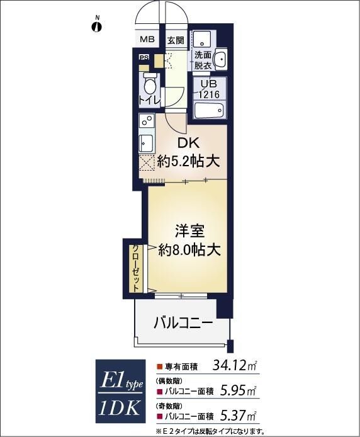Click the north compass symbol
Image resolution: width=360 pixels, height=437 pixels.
96,26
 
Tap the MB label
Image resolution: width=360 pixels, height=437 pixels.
147,40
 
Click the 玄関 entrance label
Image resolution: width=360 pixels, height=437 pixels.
176,40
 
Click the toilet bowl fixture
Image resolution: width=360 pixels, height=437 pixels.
149,84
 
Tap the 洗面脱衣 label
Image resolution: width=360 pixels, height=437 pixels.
203,60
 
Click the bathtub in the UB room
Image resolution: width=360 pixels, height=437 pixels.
208,111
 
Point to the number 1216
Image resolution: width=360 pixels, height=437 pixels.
208,94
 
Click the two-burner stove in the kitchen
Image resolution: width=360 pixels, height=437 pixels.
145,121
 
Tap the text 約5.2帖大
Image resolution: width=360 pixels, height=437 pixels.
188,161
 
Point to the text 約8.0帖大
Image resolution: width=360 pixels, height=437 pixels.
188,249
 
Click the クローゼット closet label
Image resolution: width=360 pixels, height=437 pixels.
135,267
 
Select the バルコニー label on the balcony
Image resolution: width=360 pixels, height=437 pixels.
183,324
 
